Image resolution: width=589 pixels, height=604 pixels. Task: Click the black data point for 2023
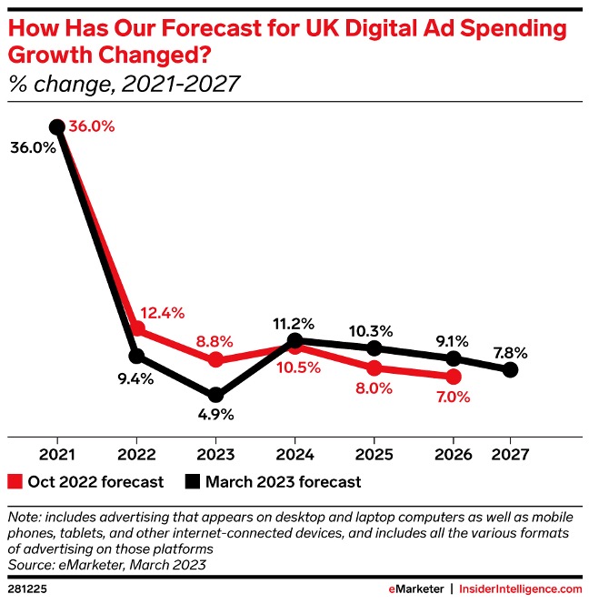(215, 395)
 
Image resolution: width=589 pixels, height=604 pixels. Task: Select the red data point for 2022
(137, 328)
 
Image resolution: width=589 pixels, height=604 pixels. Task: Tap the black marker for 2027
(510, 369)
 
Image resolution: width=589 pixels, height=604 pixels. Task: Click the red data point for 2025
(374, 367)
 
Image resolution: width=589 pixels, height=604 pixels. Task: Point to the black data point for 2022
(136, 355)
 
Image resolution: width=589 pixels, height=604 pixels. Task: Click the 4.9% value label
(215, 415)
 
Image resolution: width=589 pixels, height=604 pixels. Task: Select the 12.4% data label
(165, 313)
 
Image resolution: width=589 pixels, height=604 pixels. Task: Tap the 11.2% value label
(294, 323)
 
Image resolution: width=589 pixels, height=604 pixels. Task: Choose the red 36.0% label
(92, 127)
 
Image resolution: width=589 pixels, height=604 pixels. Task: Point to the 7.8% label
(510, 350)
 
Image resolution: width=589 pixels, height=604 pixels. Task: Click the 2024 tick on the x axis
(294, 452)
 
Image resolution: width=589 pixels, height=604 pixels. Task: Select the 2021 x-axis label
(57, 452)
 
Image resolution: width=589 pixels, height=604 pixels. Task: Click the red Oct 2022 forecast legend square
(15, 482)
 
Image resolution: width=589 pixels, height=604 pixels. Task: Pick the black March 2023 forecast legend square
(193, 482)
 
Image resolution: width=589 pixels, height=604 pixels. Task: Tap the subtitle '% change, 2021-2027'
(124, 85)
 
